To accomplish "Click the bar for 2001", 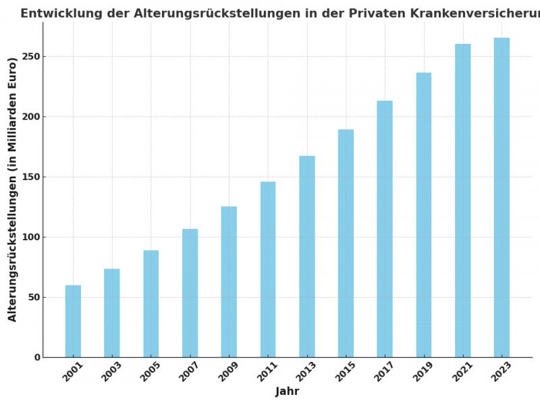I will tap(73, 321).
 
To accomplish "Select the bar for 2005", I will tap(151, 304).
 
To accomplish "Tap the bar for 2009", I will tap(229, 282).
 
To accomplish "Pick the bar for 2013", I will tap(307, 256).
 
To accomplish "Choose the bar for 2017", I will tap(385, 229).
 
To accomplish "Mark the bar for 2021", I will tap(462, 200).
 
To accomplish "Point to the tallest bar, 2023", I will tap(502, 198).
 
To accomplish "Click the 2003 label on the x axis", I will tap(111, 372).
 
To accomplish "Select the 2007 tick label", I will tap(189, 372).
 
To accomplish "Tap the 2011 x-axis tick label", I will tap(267, 372).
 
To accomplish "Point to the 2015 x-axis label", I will tap(345, 372).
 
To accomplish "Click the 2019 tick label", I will tap(423, 372).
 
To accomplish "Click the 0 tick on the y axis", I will tap(38, 358).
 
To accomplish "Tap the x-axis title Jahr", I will tap(287, 392).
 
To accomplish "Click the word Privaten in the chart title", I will tap(375, 13).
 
